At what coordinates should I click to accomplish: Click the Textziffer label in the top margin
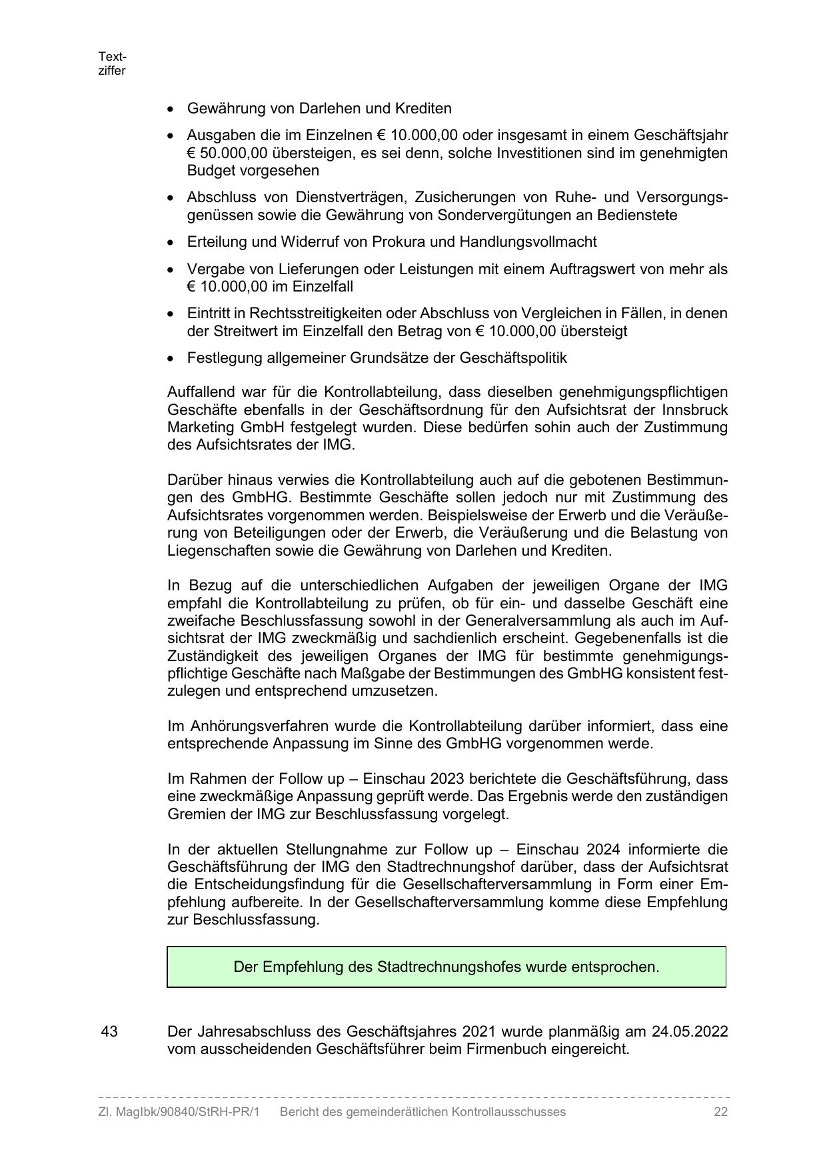(x=111, y=63)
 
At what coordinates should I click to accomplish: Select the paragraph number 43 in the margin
(x=109, y=1031)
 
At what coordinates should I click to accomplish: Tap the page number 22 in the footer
(x=720, y=1112)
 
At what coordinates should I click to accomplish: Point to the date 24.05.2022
(x=690, y=1031)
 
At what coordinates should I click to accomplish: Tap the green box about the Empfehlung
(x=446, y=967)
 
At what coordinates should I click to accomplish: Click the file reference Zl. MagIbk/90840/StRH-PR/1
(x=178, y=1112)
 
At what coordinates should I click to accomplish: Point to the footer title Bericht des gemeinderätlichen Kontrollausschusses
(x=422, y=1112)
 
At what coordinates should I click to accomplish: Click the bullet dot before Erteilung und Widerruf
(x=173, y=243)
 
